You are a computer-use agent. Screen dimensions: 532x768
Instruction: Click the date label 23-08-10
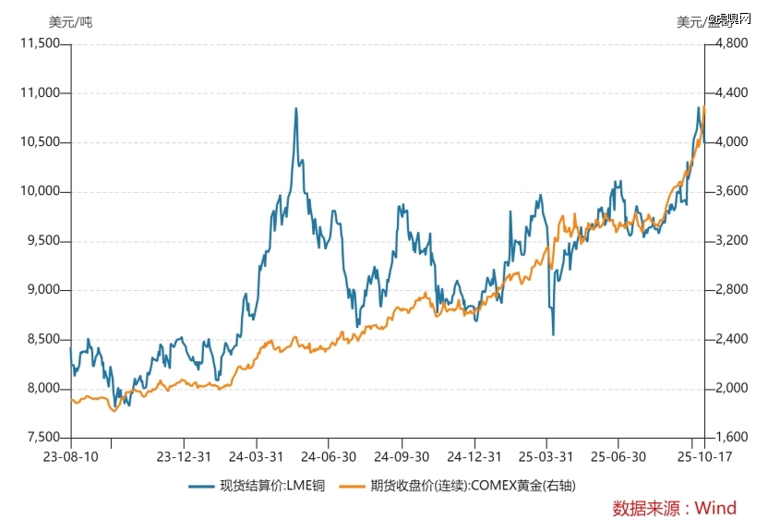70,456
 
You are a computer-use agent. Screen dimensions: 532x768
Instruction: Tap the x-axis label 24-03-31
256,456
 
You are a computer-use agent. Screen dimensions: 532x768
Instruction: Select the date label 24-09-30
402,456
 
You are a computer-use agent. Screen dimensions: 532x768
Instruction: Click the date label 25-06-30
619,456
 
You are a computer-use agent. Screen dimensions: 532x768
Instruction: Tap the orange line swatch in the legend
352,485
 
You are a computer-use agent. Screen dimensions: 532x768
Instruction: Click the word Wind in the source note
715,508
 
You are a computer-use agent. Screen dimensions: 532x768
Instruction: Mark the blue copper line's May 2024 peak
295,109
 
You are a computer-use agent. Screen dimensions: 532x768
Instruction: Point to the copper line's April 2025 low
553,334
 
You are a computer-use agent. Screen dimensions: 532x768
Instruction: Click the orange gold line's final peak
704,107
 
